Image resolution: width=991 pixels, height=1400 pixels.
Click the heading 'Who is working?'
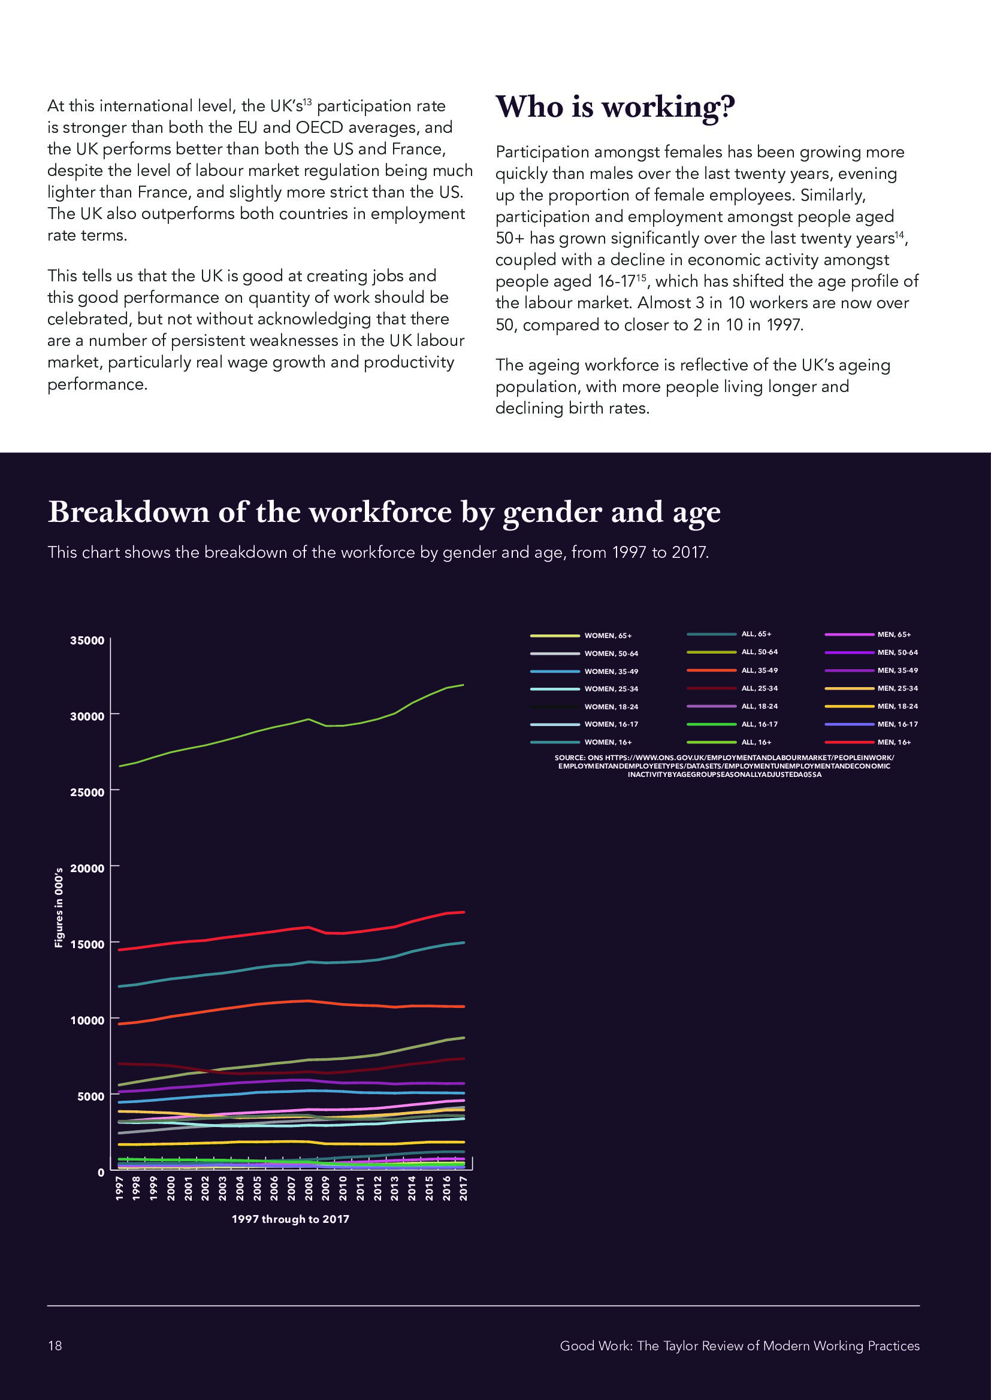[615, 107]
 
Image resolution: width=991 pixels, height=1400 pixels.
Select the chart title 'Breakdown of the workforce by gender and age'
[384, 512]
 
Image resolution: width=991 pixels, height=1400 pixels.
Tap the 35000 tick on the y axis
[87, 640]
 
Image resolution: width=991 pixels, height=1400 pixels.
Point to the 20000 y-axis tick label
[87, 868]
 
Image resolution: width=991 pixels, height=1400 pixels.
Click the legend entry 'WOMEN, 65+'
[608, 636]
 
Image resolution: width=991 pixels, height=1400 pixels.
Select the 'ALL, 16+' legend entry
[756, 742]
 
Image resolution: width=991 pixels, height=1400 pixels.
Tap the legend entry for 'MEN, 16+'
[894, 742]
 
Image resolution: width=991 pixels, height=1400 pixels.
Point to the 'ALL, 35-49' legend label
[759, 670]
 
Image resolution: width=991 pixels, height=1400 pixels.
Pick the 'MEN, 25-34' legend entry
[897, 688]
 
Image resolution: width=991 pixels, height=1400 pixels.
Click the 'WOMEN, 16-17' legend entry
[611, 724]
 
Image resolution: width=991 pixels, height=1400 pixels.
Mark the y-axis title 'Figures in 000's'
[59, 907]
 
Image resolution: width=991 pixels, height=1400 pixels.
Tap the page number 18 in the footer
[55, 1346]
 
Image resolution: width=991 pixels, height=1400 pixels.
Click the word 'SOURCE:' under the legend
[570, 758]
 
